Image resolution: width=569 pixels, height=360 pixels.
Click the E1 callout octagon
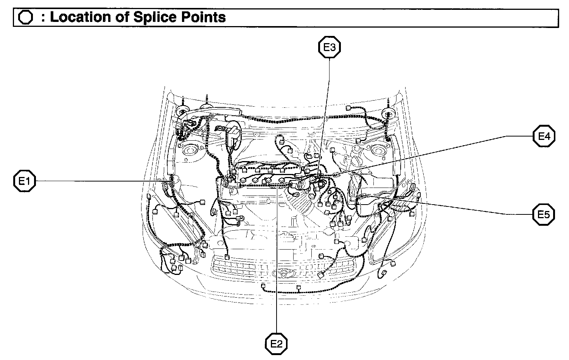pyautogui.click(x=25, y=182)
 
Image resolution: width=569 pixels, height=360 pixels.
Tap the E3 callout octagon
pyautogui.click(x=329, y=47)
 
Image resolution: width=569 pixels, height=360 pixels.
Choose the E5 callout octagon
pyautogui.click(x=544, y=214)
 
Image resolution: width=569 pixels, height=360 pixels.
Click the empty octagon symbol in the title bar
pyautogui.click(x=26, y=18)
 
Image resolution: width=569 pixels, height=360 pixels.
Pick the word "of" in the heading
pyautogui.click(x=122, y=17)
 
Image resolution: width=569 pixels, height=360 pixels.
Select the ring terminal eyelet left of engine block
pyautogui.click(x=240, y=218)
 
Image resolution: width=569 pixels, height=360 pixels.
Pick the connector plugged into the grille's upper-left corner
pyautogui.click(x=227, y=257)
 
